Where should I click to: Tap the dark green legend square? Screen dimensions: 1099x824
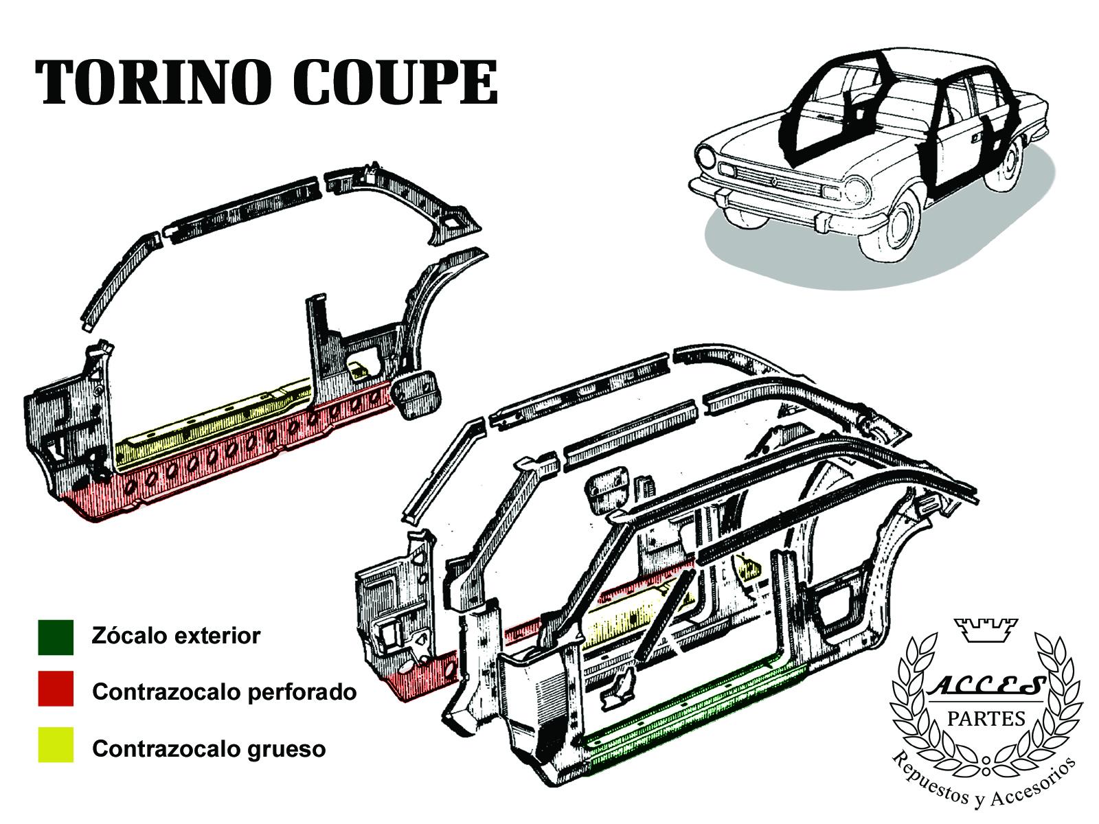[x=56, y=637]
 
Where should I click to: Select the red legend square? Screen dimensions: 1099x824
[x=56, y=689]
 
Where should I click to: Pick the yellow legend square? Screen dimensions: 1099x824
[x=56, y=744]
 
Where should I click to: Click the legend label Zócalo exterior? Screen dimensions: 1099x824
[x=177, y=636]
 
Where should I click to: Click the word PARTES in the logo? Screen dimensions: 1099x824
[x=986, y=720]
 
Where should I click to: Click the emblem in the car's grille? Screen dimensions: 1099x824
[x=773, y=183]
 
